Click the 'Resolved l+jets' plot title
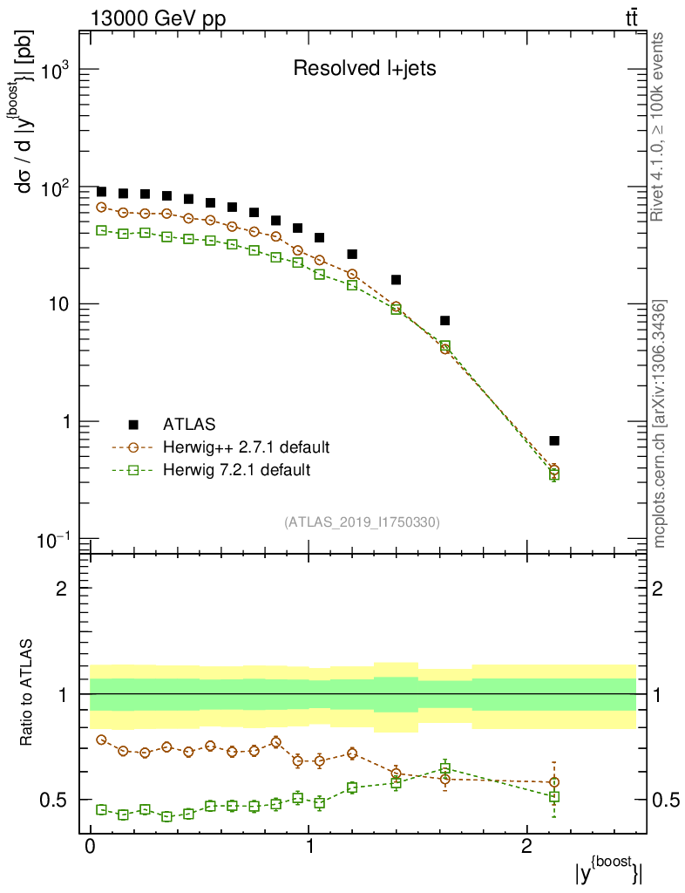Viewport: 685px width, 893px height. [363, 69]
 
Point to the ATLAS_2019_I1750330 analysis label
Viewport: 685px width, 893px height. [362, 522]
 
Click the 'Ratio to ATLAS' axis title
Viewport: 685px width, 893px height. [28, 693]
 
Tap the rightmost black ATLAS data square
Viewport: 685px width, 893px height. [554, 440]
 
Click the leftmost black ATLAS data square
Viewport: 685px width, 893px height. [101, 192]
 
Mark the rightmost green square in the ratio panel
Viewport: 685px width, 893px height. [554, 796]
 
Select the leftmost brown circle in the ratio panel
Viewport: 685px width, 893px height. [101, 740]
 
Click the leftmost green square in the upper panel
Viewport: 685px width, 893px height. [101, 230]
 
